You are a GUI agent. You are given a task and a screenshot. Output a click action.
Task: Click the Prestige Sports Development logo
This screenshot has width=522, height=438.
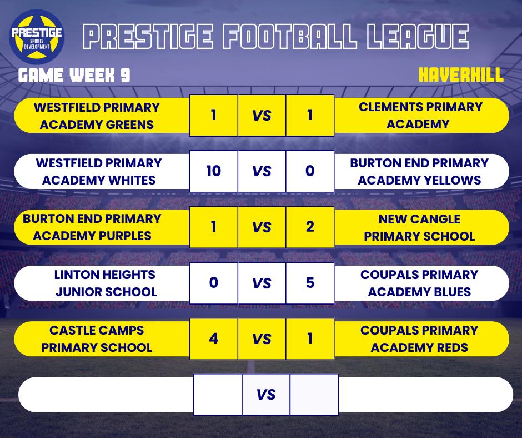[x=37, y=36]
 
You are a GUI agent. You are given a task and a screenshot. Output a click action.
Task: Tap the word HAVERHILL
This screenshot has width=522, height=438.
[x=461, y=75]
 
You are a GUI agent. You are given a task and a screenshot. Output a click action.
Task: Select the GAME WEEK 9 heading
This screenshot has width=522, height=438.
[x=74, y=76]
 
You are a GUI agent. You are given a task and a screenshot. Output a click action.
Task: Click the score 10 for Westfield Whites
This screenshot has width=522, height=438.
[x=213, y=171]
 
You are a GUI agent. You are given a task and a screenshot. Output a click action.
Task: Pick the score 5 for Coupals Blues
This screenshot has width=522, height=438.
[x=310, y=282]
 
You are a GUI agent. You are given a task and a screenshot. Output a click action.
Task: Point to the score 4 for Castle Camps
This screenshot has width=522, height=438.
[x=213, y=338]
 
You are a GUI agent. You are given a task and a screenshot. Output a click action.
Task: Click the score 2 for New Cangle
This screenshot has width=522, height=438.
[x=310, y=226]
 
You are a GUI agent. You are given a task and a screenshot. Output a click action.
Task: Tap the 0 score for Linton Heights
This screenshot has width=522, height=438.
[x=213, y=282]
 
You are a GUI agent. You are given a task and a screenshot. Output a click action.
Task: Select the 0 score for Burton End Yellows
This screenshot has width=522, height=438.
[x=310, y=171]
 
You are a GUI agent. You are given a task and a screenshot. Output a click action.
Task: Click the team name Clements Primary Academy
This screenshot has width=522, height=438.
[x=420, y=115]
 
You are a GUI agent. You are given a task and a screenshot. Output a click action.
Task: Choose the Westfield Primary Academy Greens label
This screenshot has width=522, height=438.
[x=97, y=115]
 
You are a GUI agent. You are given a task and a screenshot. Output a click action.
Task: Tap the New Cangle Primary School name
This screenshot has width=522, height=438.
[x=419, y=227]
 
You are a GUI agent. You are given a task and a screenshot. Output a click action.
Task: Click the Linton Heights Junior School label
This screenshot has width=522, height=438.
[x=105, y=283]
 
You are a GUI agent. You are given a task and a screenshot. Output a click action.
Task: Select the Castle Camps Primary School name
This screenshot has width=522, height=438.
[x=97, y=339]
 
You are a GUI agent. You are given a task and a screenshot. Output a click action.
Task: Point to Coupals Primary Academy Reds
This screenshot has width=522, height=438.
[x=419, y=339]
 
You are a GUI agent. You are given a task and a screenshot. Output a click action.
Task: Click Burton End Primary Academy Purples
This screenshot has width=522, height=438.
[x=92, y=227]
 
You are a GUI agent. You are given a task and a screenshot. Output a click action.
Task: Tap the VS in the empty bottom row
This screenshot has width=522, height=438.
[x=266, y=395]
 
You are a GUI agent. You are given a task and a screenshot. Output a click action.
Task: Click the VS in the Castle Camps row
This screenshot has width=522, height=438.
[x=262, y=339]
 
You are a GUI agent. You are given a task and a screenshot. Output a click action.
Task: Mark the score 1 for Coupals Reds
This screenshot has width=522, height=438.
[x=310, y=338]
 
